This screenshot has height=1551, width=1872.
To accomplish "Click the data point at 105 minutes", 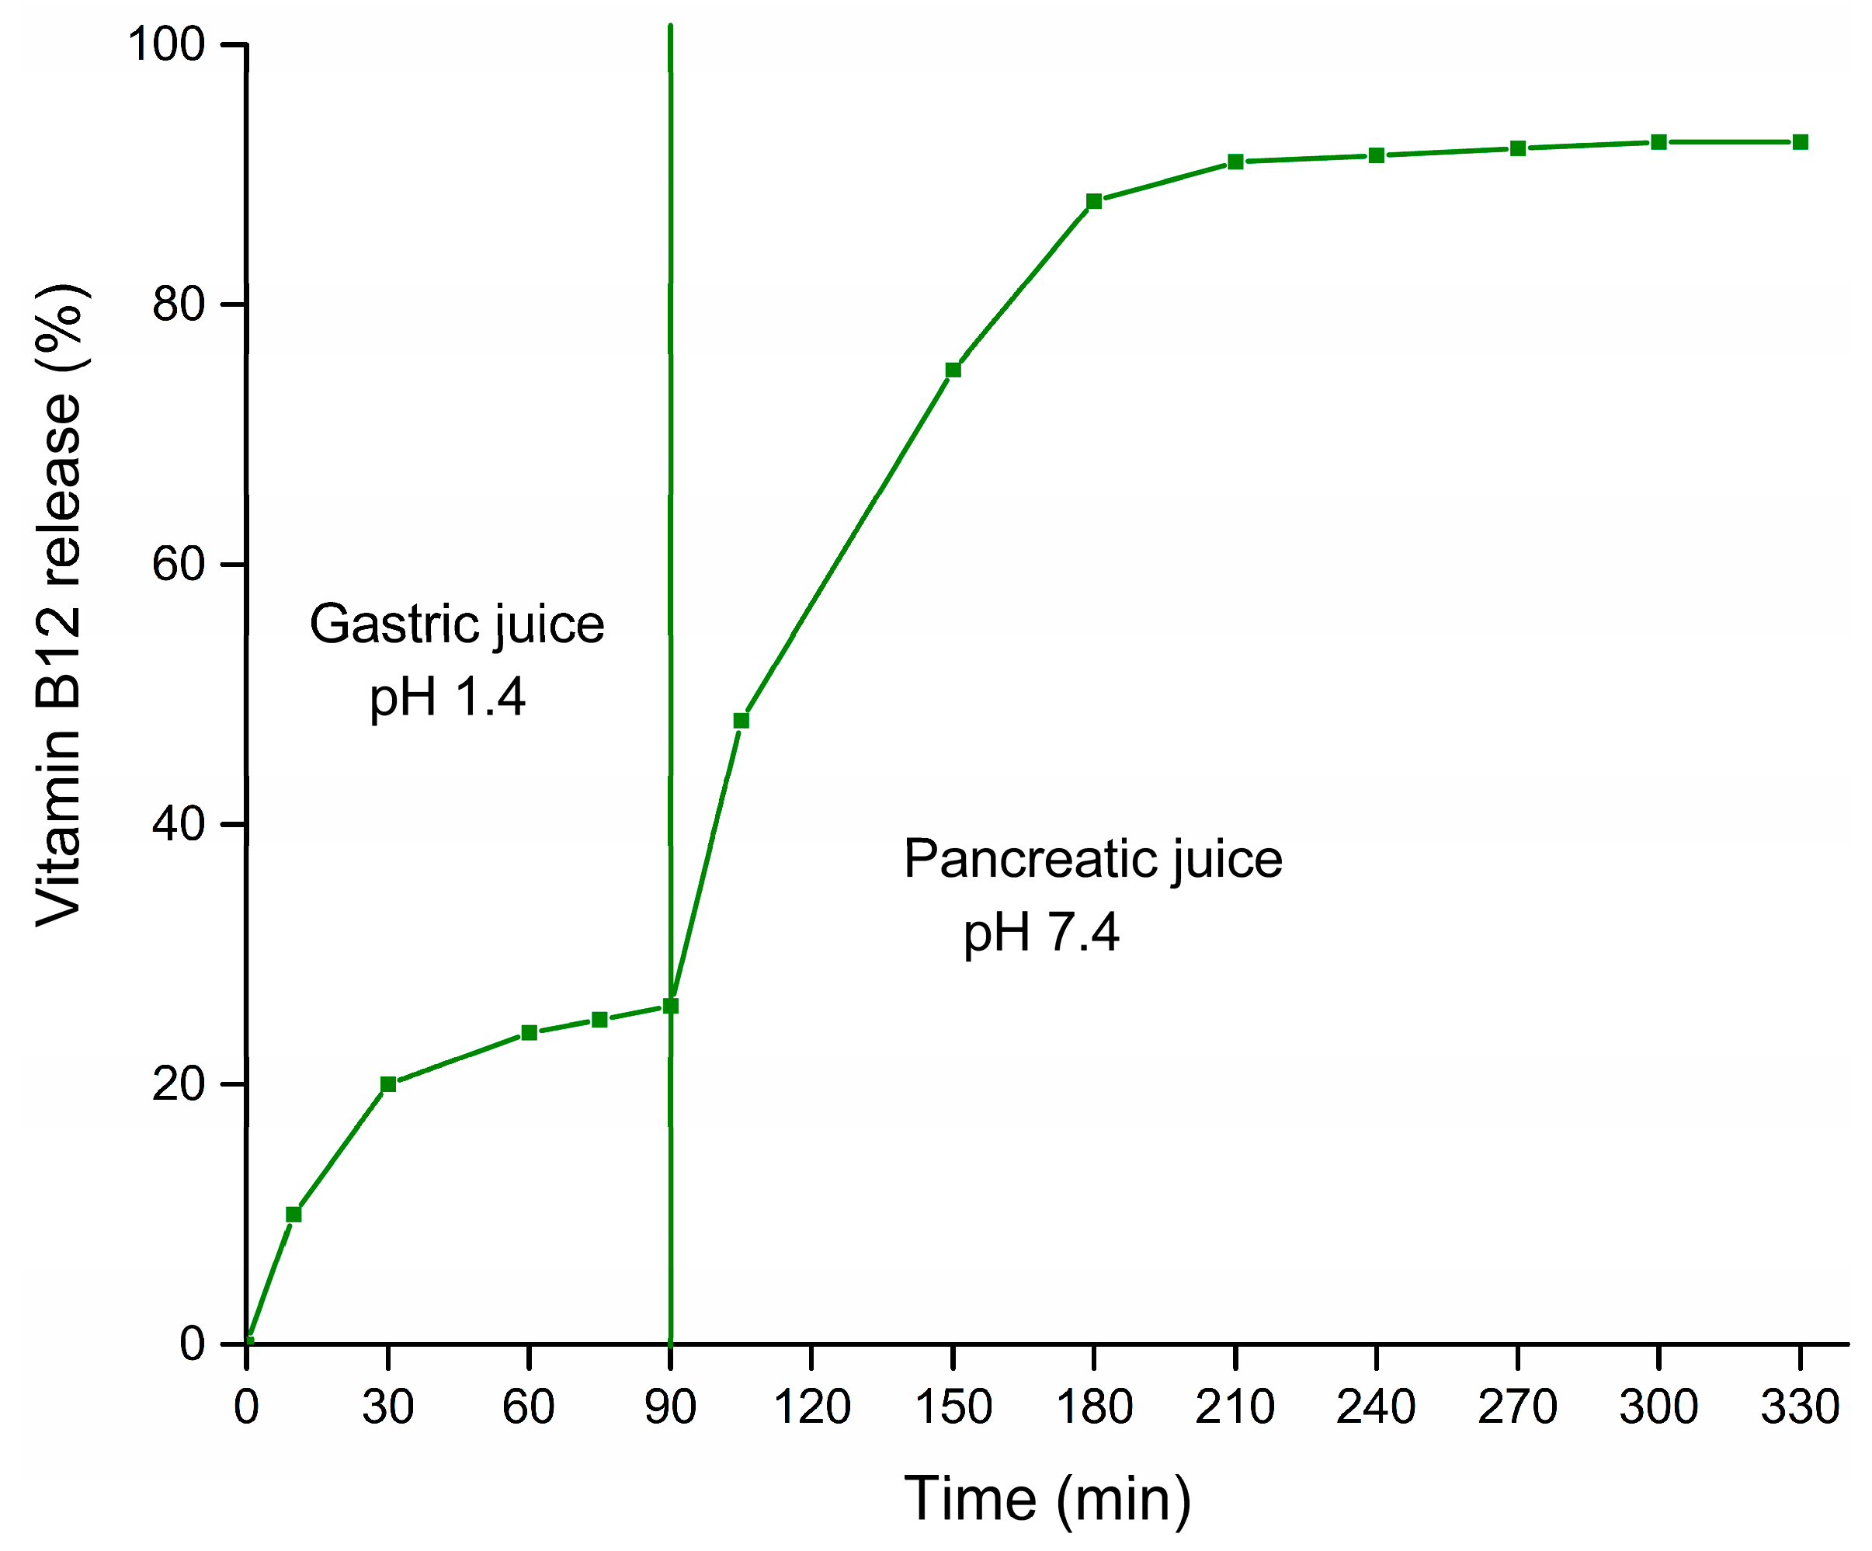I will point(741,721).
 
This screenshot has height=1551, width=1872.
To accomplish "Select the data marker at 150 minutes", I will point(953,370).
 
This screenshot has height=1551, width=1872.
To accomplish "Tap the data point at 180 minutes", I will point(1094,202).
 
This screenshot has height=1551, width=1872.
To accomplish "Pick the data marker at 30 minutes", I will point(387,1084).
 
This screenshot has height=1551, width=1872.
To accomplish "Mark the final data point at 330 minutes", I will point(1800,143).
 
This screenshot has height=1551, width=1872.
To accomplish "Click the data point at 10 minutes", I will point(293,1214).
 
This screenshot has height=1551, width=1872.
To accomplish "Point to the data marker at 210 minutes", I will point(1235,162).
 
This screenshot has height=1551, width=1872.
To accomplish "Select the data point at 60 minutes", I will point(529,1033).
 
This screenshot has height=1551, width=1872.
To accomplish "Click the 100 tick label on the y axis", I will point(167,43).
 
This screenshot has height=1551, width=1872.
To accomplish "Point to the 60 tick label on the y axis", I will point(179,564).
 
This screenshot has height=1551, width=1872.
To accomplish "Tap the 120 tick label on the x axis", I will point(811,1407).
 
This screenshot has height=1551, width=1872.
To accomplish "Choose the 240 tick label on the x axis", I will point(1376,1407).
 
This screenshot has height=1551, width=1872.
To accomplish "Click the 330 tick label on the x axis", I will point(1800,1407).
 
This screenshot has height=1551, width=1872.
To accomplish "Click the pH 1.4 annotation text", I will point(447,697).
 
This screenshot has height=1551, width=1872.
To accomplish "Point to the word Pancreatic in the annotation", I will point(1030,859).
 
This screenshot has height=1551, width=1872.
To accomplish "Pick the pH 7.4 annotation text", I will point(1040,933).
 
